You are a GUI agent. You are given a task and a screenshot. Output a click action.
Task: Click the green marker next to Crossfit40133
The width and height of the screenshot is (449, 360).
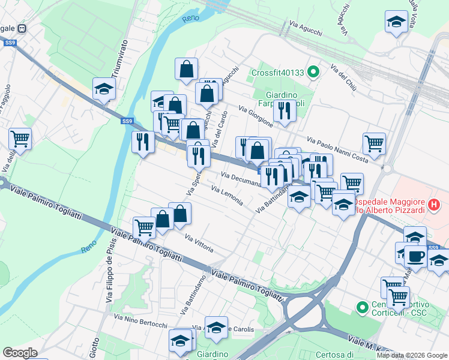click(x=312, y=73)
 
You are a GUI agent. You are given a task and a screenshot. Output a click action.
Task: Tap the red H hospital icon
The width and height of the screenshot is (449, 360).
click(x=436, y=205)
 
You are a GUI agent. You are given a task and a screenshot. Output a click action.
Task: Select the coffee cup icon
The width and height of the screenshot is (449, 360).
click(x=415, y=255)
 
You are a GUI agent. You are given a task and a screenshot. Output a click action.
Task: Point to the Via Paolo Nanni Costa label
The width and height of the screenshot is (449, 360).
click(x=337, y=149)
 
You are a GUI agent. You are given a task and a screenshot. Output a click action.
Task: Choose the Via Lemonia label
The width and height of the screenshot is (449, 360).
click(x=227, y=196)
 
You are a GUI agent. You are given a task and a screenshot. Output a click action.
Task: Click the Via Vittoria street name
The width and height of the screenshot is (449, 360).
click(x=199, y=244)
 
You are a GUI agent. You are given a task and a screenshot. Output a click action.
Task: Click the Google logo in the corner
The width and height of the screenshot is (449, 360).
click(x=20, y=352)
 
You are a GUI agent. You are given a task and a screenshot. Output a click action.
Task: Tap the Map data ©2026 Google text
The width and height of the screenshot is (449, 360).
click(x=412, y=355)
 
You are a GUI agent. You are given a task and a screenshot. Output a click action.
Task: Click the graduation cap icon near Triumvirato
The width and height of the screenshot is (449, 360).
click(x=104, y=89)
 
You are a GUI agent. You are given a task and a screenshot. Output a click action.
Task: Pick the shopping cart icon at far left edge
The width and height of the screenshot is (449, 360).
click(x=20, y=139)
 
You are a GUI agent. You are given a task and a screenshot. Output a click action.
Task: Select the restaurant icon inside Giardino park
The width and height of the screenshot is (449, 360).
click(x=284, y=110)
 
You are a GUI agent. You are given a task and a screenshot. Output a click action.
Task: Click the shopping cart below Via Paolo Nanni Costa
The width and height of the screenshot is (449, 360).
click(x=374, y=143)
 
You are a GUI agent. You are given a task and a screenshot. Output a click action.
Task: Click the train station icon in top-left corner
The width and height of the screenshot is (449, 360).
click(x=22, y=28)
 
